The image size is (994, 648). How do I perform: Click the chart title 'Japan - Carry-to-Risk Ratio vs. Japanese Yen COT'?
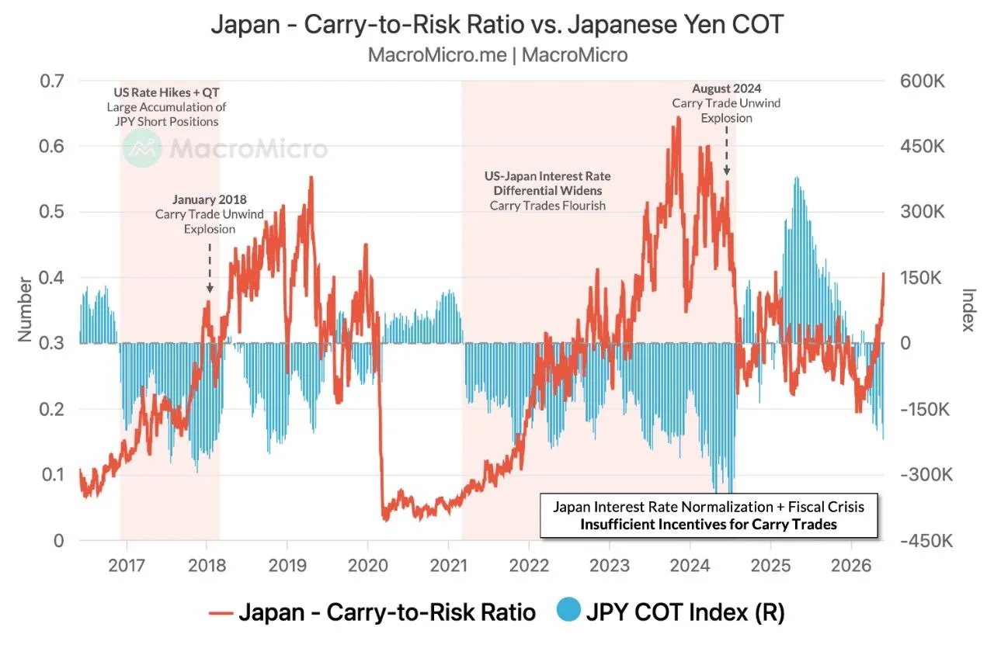pos(497,24)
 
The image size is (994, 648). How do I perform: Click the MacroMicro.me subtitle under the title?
pos(498,55)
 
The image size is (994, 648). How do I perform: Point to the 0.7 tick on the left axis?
pos(52,81)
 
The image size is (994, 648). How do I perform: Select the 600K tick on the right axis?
pos(922,81)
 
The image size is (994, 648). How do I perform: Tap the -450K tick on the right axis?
pos(926,541)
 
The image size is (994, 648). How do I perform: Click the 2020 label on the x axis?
pos(368,566)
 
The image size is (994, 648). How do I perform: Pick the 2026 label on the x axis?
pos(851,566)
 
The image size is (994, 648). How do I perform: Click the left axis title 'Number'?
pos(25,310)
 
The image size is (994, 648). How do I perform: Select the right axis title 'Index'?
pos(968,310)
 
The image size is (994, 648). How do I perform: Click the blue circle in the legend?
pos(569,609)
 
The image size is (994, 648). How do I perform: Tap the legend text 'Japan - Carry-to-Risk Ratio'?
pos(388,612)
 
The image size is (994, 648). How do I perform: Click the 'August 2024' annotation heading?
pos(726,88)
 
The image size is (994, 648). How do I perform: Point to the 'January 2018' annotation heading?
pos(210,199)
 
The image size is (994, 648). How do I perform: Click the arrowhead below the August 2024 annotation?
pos(726,172)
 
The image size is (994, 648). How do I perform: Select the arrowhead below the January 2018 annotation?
pos(210,289)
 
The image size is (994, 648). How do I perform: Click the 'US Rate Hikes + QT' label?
pos(166,92)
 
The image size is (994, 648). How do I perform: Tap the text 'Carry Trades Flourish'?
pos(547,206)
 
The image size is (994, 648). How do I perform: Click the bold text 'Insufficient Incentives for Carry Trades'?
pos(709,525)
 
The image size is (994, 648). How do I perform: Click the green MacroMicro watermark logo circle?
pos(142,148)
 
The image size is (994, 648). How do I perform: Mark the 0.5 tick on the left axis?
pos(52,212)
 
